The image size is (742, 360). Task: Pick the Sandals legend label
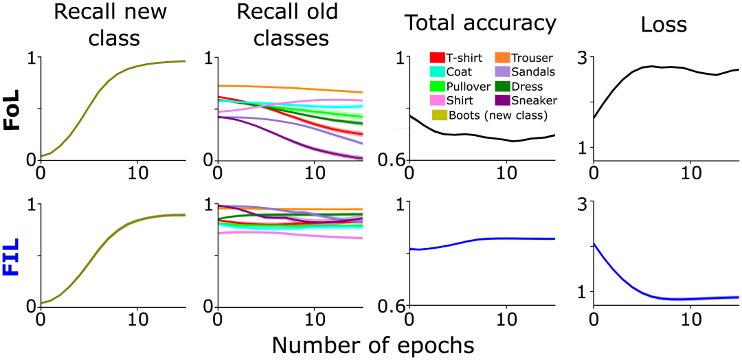pyautogui.click(x=536, y=72)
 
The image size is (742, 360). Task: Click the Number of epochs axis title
pyautogui.click(x=372, y=344)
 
